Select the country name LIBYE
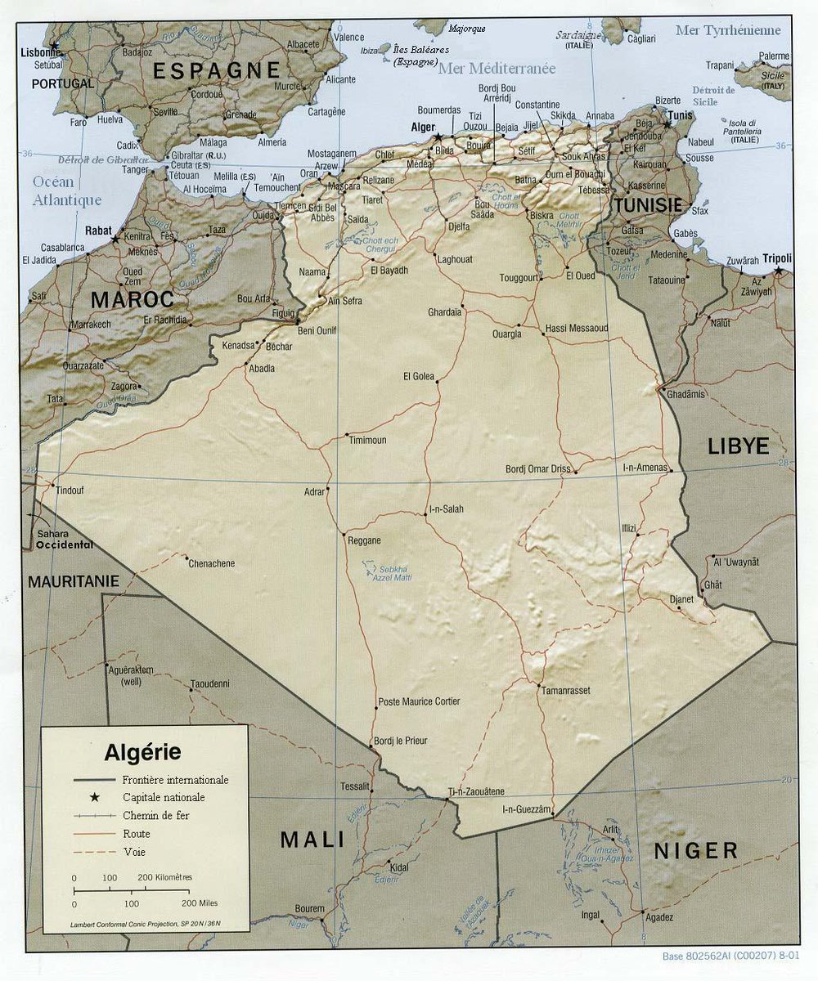738,446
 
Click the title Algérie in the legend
142,752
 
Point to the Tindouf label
70,490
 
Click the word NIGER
695,851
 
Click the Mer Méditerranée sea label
497,69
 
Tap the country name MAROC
132,299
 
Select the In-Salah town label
447,508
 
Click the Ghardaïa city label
444,312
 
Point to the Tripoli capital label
777,258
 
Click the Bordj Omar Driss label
537,468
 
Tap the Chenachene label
211,563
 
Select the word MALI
312,840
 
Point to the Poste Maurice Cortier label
419,701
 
